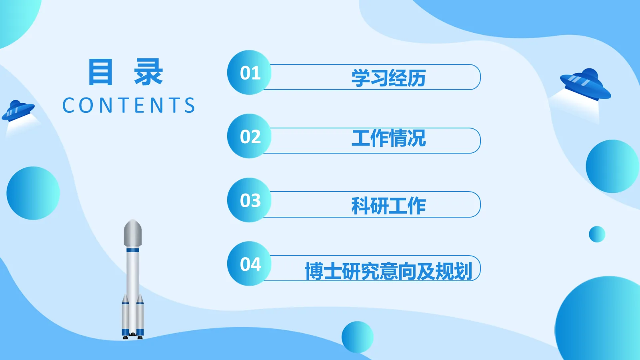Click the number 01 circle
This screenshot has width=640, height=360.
click(x=249, y=72)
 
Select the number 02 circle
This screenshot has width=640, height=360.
click(x=249, y=136)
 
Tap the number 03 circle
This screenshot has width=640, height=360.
click(x=249, y=200)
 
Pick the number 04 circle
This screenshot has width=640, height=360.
click(x=249, y=264)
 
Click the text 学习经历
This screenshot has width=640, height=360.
click(x=388, y=78)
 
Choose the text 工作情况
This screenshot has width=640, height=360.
click(x=388, y=138)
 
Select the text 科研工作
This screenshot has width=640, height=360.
click(x=388, y=206)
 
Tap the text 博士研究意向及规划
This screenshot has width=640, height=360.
click(x=388, y=271)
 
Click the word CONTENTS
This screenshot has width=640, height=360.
click(x=129, y=106)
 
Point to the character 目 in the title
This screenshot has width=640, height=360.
click(x=100, y=72)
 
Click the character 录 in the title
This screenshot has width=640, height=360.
click(x=148, y=72)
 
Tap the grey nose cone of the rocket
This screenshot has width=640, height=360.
click(x=133, y=233)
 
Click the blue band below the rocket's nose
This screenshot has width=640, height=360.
click(x=133, y=250)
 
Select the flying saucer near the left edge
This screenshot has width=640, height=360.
click(x=18, y=110)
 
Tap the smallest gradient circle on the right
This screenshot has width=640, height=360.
click(x=597, y=234)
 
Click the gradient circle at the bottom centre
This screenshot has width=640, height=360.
click(x=357, y=337)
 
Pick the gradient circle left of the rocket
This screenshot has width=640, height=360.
click(x=33, y=193)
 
